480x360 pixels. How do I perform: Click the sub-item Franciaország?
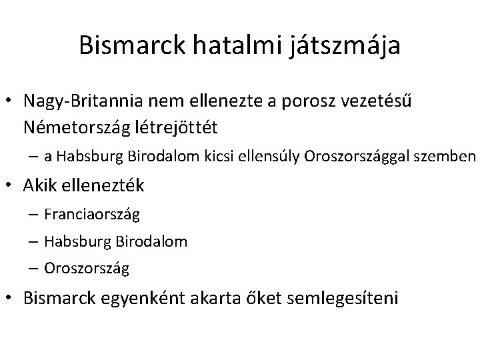[x=93, y=215]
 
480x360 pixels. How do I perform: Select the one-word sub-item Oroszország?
[x=87, y=269]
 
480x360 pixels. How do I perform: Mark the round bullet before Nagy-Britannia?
[x=12, y=101]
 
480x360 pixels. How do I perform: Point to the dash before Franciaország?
[x=34, y=215]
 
